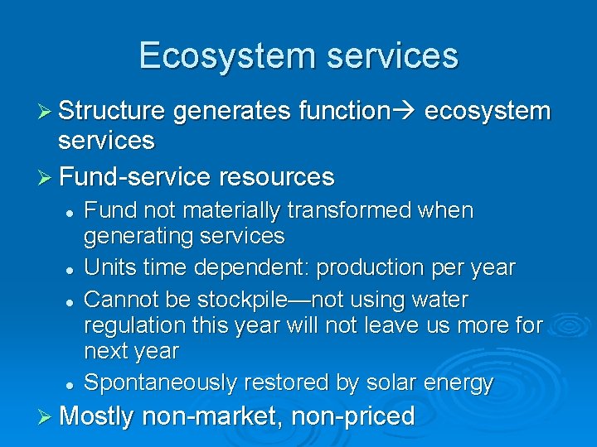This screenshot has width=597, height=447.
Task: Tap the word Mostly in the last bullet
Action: point(95,416)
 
